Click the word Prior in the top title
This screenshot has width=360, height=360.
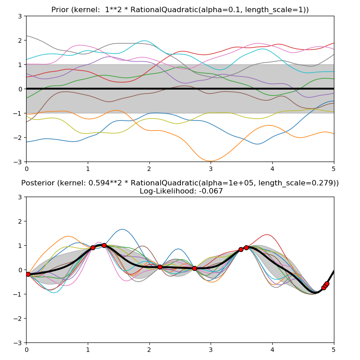[61, 9]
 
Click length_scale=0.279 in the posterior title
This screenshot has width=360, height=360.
[295, 183]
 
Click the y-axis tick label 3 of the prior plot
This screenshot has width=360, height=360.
[20, 16]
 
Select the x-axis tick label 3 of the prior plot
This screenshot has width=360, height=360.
[211, 168]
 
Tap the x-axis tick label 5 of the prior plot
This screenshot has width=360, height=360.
[334, 168]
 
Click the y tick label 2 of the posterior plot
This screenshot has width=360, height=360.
[20, 221]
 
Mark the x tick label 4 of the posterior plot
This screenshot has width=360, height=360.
[272, 349]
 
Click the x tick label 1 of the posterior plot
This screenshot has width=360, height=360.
[88, 349]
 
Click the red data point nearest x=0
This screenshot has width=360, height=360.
[28, 274]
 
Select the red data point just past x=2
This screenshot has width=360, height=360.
[160, 267]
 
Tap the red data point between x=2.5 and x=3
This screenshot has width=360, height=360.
[194, 268]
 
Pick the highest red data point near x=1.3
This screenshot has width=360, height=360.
[104, 245]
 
